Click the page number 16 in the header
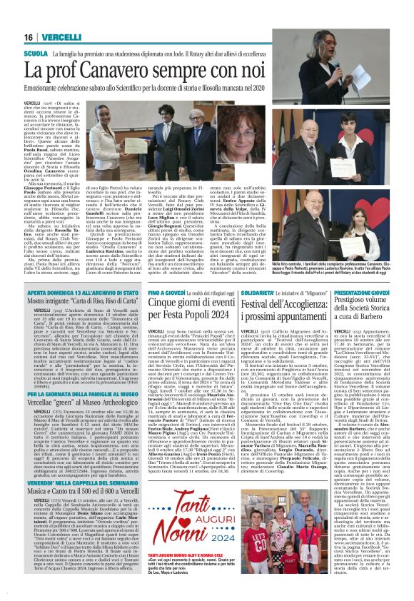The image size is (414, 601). [30, 37]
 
